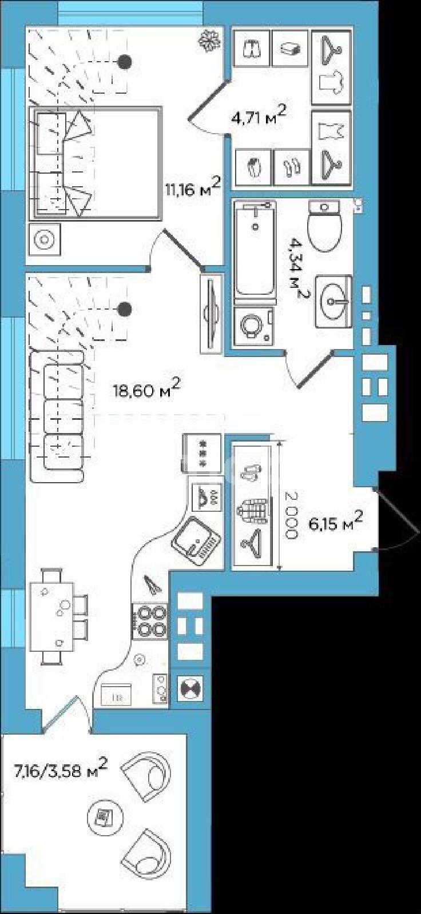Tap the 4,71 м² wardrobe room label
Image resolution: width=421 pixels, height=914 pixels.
pyautogui.click(x=259, y=115)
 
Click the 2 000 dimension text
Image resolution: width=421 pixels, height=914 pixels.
pyautogui.click(x=291, y=516)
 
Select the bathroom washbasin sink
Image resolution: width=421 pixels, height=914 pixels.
pyautogui.click(x=333, y=302)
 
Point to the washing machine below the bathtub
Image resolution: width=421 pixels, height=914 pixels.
pyautogui.click(x=253, y=326)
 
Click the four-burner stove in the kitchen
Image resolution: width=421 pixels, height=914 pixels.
pyautogui.click(x=150, y=620)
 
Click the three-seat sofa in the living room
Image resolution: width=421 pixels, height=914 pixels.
pyautogui.click(x=57, y=416)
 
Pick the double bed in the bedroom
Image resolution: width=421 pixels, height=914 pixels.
pyautogui.click(x=96, y=163)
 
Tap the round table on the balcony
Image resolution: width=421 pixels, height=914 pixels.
pyautogui.click(x=105, y=816)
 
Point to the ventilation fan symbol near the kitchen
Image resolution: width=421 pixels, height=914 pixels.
pyautogui.click(x=190, y=689)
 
